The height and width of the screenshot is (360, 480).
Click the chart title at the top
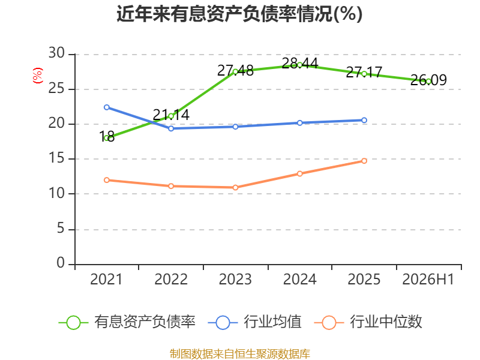click(239, 14)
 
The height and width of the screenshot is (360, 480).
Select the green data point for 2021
click(107, 139)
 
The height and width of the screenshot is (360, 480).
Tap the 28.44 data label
click(299, 64)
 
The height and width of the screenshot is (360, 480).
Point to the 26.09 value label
click(428, 80)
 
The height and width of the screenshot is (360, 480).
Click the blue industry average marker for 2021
click(107, 107)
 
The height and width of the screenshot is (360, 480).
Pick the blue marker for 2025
click(364, 121)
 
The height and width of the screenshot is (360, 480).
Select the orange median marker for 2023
click(235, 188)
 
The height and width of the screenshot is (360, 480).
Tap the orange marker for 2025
click(364, 161)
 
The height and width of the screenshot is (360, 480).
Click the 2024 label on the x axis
click(299, 279)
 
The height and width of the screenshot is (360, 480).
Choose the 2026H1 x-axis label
click(428, 279)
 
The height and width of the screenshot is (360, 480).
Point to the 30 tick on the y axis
click(56, 53)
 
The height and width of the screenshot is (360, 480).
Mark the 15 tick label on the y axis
click(56, 158)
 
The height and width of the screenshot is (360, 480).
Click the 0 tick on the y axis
click(61, 263)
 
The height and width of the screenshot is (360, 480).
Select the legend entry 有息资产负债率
click(127, 322)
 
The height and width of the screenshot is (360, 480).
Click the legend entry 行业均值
click(254, 322)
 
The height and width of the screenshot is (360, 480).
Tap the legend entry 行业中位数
click(368, 322)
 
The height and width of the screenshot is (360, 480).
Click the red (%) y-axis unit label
click(38, 76)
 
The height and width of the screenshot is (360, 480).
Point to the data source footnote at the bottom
click(240, 354)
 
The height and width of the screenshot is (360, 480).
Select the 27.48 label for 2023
click(235, 71)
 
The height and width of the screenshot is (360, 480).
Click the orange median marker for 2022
click(171, 186)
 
